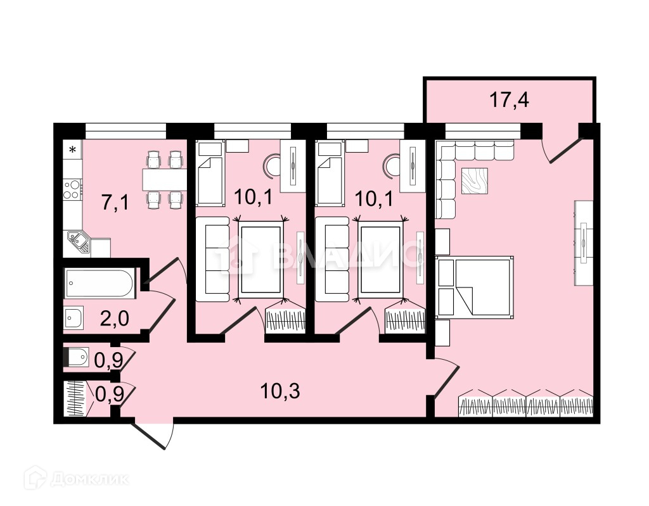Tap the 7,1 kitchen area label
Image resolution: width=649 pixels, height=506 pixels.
coord(115,203)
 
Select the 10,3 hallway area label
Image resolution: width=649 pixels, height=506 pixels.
coord(280,391)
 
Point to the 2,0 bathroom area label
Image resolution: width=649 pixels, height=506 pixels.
coord(115,319)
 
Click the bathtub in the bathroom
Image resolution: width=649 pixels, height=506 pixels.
coord(100,284)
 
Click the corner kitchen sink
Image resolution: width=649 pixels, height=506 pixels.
coord(79,242)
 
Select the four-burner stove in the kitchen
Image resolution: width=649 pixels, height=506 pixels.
coord(72,189)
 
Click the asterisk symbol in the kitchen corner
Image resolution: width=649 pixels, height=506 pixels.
coord(73,149)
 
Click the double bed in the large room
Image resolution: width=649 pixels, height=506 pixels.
coord(475,286)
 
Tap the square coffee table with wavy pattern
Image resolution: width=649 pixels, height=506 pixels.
coord(474,180)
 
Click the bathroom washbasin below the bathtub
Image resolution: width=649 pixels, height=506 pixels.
coord(74,318)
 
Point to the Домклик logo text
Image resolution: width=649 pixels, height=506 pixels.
coord(89,479)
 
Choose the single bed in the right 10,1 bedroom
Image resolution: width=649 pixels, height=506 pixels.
coord(330,174)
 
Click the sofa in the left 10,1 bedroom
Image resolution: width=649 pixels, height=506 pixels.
coord(212,259)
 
